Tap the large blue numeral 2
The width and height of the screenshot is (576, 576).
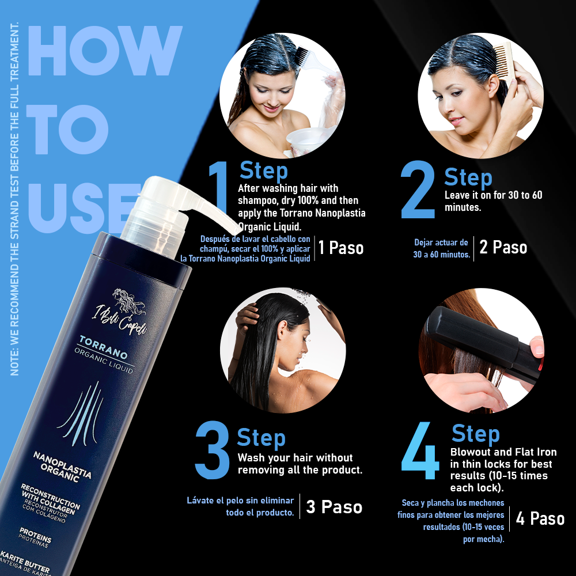coord(418,190)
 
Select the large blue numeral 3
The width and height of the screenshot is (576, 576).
coord(213,450)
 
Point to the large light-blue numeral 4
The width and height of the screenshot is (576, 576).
coord(420,451)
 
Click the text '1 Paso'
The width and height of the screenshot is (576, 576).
coord(341,248)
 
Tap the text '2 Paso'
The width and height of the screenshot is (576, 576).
coord(503,247)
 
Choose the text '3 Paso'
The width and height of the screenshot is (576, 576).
coord(334,507)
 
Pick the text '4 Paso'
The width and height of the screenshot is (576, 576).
coord(540,519)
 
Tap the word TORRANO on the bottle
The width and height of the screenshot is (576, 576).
coord(104,347)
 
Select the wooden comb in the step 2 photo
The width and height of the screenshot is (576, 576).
coord(503,62)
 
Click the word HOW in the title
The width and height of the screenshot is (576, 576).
coord(105,51)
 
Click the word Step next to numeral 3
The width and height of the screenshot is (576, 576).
coord(261,438)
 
